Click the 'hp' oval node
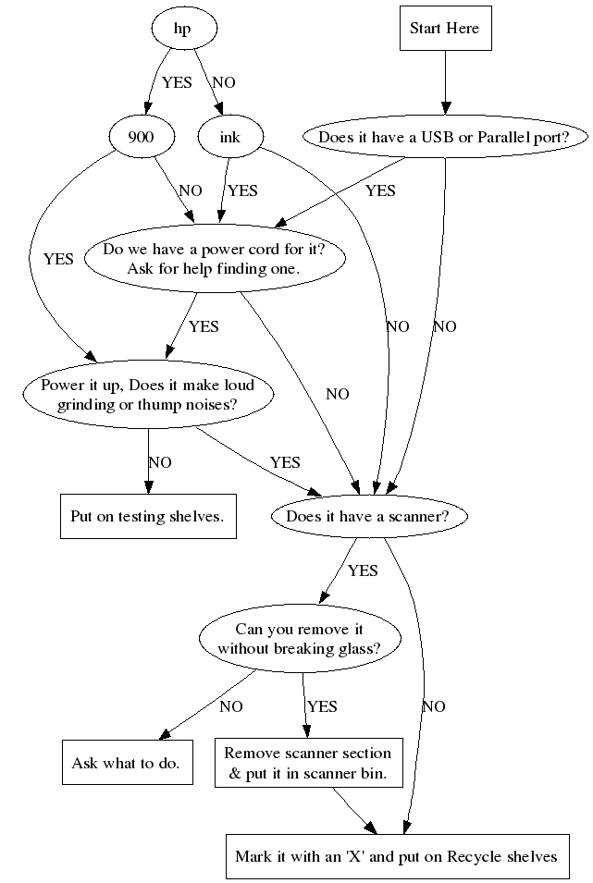[x=182, y=29]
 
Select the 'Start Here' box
[x=444, y=29]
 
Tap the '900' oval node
[x=141, y=138]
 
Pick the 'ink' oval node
[x=229, y=138]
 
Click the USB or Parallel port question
[x=446, y=138]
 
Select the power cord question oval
[x=214, y=259]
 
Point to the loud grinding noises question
[x=148, y=394]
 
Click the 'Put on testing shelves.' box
[x=148, y=516]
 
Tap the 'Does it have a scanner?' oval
[x=367, y=516]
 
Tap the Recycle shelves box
[x=396, y=856]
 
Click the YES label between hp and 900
[x=177, y=82]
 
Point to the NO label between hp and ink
[x=224, y=82]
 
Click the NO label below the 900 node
[x=191, y=190]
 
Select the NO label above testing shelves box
[x=159, y=462]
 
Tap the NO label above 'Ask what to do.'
[x=231, y=706]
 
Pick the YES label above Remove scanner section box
[x=322, y=706]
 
